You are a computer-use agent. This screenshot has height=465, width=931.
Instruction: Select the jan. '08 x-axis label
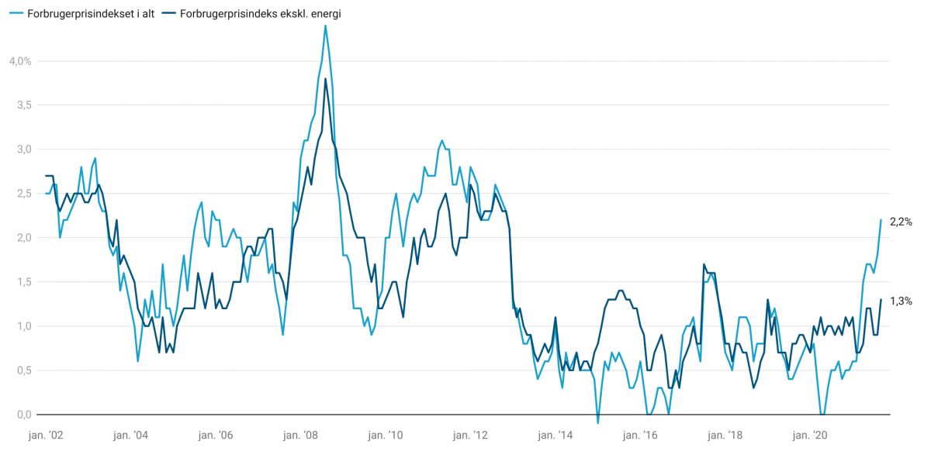click(x=299, y=436)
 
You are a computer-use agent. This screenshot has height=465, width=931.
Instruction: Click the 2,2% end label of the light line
click(x=901, y=221)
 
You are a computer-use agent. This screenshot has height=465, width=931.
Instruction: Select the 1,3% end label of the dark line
click(x=901, y=301)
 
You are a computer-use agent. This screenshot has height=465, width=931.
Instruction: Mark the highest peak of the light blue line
click(x=325, y=26)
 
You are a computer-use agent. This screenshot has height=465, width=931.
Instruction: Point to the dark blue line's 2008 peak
click(x=325, y=79)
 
